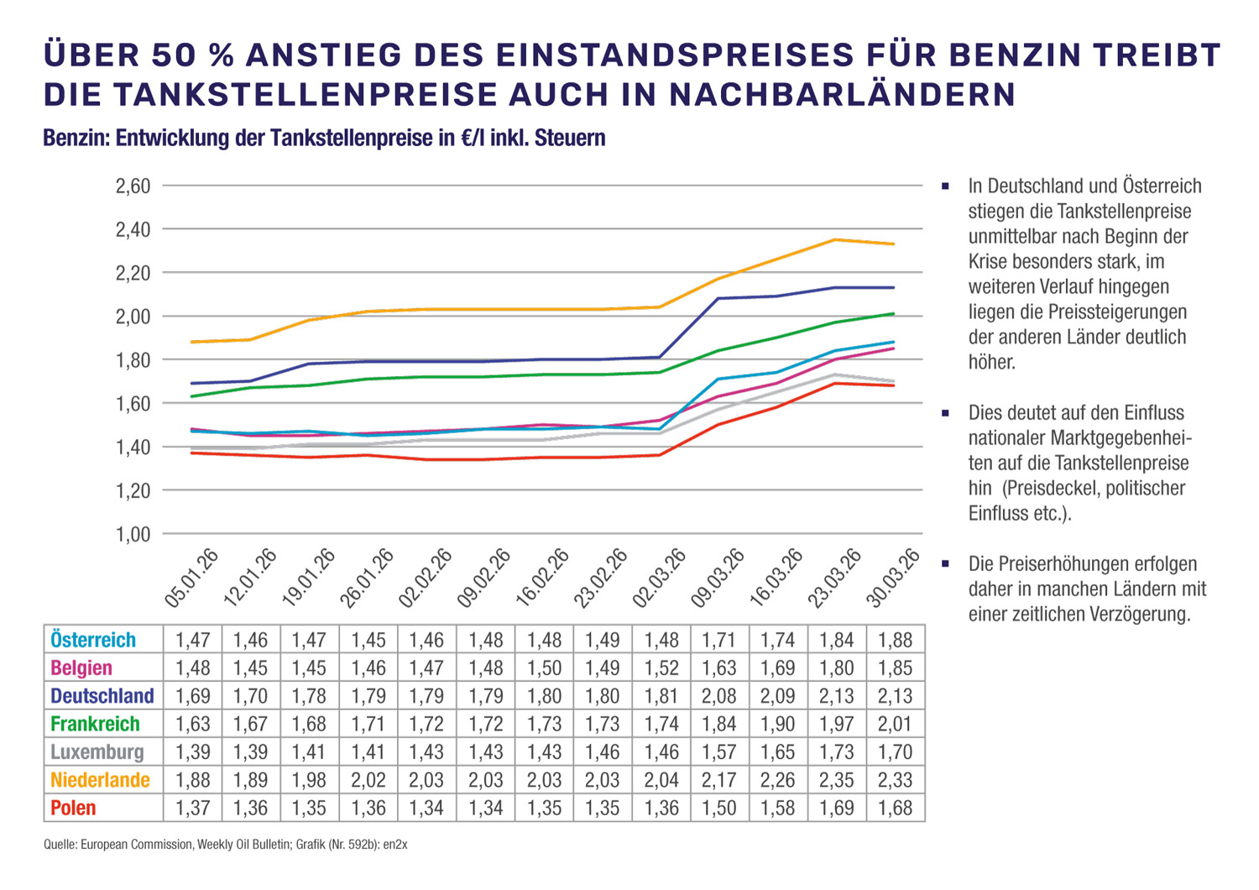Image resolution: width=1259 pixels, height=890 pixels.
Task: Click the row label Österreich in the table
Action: (93, 640)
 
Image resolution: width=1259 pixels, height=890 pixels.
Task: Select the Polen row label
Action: (73, 808)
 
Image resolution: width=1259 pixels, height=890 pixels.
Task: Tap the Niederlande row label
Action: (100, 780)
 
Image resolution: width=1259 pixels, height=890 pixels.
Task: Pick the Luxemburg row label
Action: (97, 751)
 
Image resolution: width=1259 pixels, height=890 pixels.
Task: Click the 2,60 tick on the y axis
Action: (133, 186)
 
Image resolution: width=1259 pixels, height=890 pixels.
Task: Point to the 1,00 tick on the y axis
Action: (133, 534)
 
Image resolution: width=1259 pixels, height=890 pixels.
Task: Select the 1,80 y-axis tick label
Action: (133, 360)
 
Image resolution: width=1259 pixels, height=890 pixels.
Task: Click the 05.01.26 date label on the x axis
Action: (192, 578)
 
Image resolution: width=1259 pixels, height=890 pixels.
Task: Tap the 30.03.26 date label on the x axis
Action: (894, 578)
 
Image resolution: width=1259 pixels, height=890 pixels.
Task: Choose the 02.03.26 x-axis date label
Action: (661, 578)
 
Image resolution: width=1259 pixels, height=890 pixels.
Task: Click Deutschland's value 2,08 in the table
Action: (719, 696)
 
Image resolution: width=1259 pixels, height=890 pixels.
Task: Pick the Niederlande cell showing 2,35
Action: (837, 780)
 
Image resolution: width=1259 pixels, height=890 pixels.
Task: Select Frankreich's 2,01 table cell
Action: (895, 724)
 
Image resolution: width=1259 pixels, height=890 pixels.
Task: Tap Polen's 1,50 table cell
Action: (719, 808)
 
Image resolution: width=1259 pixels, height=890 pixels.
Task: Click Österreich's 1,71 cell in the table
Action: (719, 640)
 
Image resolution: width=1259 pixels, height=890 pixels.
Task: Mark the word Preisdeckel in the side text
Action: (1052, 488)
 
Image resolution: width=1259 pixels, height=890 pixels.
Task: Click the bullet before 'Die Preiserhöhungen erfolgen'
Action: (946, 563)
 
